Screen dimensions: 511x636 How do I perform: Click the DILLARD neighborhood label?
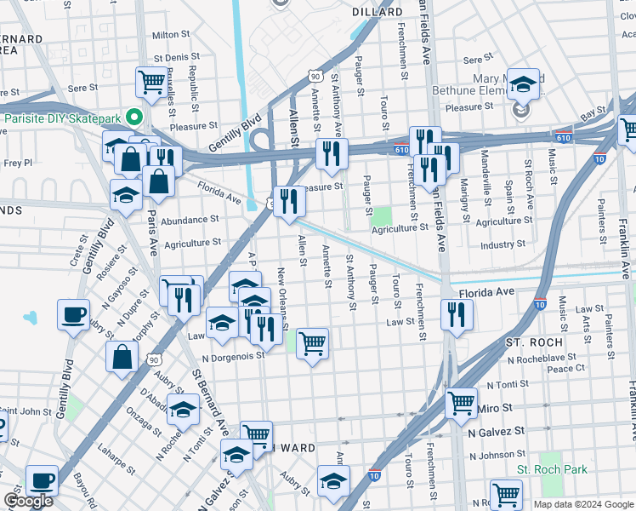tap(378, 12)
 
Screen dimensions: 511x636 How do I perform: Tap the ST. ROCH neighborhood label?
tap(531, 342)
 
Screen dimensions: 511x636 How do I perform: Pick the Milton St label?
tap(170, 35)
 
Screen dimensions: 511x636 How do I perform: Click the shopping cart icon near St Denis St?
tap(150, 83)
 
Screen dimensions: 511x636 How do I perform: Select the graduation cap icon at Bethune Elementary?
tap(523, 83)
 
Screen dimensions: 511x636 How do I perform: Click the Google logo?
tap(28, 501)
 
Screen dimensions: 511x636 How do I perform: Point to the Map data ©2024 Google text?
tap(583, 504)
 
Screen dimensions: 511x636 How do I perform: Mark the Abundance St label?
tap(190, 221)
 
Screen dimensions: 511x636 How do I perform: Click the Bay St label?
tap(593, 113)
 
